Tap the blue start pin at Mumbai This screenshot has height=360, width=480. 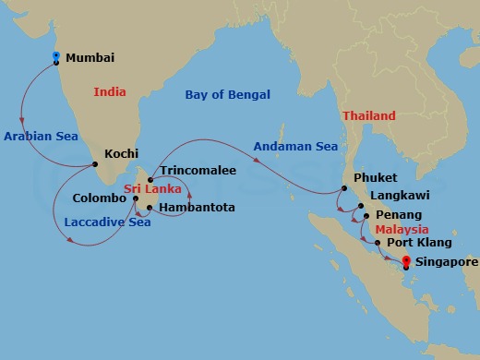tap(55, 57)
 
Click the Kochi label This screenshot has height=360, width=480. tap(123, 154)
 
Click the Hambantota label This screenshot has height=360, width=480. tap(197, 208)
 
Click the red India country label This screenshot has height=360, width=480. tap(110, 92)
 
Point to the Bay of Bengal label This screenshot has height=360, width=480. tap(228, 94)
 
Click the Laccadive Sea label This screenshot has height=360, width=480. tap(108, 222)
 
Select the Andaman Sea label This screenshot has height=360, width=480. tap(295, 145)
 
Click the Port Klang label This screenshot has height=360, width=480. tap(420, 243)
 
